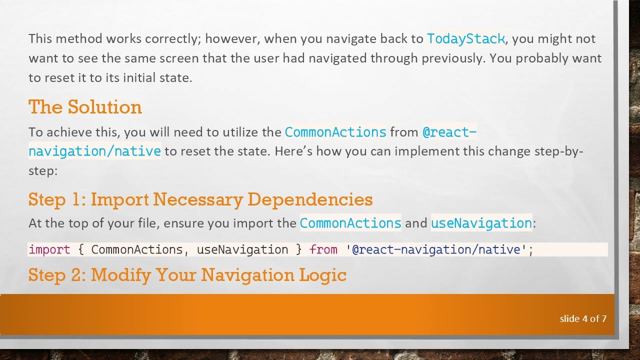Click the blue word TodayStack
click(x=465, y=39)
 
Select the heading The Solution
click(x=85, y=107)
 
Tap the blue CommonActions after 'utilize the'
click(x=335, y=132)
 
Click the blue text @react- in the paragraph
click(x=449, y=132)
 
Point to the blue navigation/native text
click(x=94, y=151)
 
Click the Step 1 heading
click(x=200, y=199)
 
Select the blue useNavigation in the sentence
click(x=481, y=223)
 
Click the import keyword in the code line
click(x=49, y=249)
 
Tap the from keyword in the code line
click(x=323, y=249)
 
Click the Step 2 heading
click(x=187, y=275)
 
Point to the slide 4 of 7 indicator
click(x=583, y=318)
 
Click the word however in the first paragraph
click(x=231, y=39)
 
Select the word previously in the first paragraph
click(x=453, y=58)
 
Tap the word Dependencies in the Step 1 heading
click(x=309, y=199)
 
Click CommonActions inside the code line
click(x=136, y=249)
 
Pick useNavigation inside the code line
click(x=242, y=249)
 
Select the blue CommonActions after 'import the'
click(x=350, y=223)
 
